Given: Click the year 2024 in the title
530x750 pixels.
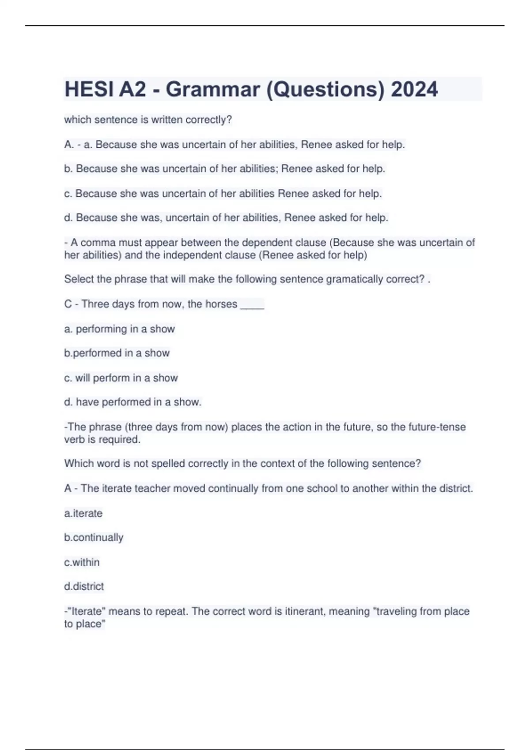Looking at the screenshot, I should coord(414,89).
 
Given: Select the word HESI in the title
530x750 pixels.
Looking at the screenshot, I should coord(88,89).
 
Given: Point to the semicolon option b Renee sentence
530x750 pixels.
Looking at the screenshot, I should coord(224,169).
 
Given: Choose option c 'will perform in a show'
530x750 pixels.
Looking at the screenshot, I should coord(121,378).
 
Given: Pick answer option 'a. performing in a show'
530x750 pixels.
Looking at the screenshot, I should coord(119,329).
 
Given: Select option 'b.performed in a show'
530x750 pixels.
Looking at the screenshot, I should coord(117,353).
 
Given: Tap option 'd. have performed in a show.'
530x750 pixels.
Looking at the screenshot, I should coord(132,402).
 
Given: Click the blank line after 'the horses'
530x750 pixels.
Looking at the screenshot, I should coord(252,304).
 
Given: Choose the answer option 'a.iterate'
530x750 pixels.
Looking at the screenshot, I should coord(83,513).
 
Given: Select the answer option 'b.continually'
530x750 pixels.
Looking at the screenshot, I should coord(94,537).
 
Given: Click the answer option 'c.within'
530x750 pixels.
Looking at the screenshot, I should coord(82,562).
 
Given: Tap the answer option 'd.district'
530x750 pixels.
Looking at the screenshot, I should coord(84,586).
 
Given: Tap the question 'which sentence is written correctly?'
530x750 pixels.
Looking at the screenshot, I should coord(148,120).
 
